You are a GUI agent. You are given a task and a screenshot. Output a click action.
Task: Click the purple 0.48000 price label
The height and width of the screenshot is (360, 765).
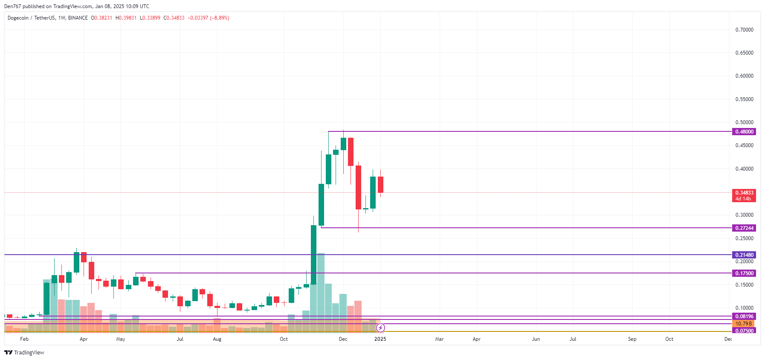pos(744,132)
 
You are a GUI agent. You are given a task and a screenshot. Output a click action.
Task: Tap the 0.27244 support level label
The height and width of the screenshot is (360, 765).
pos(744,228)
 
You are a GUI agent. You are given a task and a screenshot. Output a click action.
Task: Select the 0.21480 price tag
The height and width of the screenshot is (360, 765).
pos(744,255)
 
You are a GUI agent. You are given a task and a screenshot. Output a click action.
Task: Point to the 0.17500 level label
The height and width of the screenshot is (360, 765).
pos(744,273)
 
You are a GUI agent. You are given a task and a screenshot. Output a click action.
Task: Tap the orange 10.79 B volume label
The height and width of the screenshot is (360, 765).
pos(744,324)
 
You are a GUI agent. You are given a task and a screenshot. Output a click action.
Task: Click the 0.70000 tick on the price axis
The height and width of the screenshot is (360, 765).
pos(744,30)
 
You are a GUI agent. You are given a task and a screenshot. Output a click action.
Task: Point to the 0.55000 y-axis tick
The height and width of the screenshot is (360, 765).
pos(744,99)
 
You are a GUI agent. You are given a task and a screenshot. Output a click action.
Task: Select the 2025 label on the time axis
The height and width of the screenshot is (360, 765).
pos(380,339)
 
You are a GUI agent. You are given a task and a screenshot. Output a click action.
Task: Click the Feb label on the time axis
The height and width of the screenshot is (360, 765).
pos(24,339)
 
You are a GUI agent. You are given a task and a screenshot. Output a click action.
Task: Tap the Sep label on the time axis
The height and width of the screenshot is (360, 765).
pos(632,339)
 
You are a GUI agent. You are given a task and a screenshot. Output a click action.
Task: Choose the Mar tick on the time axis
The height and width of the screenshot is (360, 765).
pos(439,339)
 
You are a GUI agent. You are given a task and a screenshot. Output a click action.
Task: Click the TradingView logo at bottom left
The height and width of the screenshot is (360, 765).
pos(24,352)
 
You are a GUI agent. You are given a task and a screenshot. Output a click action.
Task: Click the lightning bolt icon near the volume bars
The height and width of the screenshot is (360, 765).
pos(380,328)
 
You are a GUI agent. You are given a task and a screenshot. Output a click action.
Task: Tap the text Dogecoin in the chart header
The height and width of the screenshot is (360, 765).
pos(18,18)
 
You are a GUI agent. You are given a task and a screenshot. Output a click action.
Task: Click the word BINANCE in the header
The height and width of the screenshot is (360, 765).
pos(78,18)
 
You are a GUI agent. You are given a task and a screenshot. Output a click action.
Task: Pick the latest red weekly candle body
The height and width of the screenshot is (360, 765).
pos(380,184)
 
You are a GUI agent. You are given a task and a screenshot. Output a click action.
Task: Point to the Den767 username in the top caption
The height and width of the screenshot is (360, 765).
pos(12,6)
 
